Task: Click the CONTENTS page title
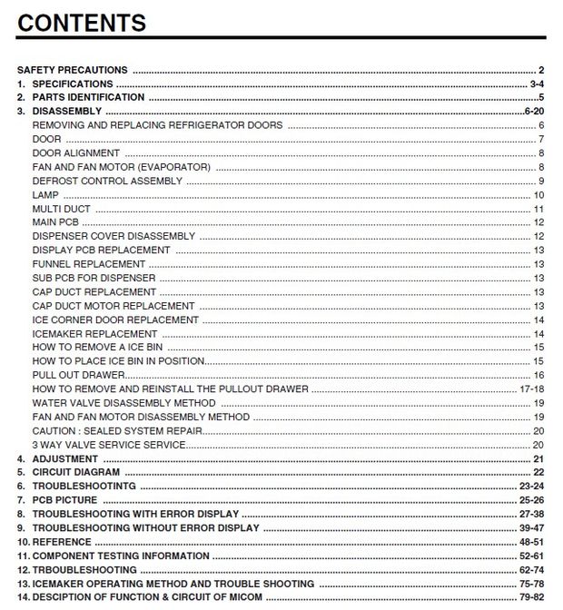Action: (82, 23)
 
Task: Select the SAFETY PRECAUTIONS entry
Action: (73, 70)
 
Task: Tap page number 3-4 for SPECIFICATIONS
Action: (537, 84)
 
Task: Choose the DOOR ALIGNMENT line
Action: (75, 153)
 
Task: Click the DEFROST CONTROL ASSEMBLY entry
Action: (107, 181)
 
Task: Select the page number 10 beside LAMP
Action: (538, 195)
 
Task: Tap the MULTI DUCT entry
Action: (61, 209)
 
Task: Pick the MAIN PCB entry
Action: (55, 222)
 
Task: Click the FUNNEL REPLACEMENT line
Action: (88, 264)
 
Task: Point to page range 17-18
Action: (532, 389)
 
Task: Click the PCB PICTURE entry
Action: (64, 500)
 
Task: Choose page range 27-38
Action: (532, 514)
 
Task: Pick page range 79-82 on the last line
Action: (532, 597)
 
